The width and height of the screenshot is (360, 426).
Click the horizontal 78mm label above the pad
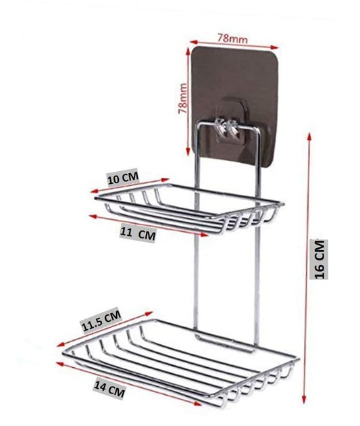coord(232,39)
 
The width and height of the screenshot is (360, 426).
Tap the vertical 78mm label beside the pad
coord(182,98)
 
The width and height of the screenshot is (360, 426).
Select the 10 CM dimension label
coord(123,179)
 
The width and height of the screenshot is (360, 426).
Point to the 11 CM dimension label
coord(138,234)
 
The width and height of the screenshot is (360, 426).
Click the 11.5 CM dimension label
coord(101,321)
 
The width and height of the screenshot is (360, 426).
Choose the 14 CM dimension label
coord(109,389)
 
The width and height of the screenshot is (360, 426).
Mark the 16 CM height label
coord(319,259)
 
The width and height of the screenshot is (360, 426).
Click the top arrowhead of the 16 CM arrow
coord(309,135)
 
